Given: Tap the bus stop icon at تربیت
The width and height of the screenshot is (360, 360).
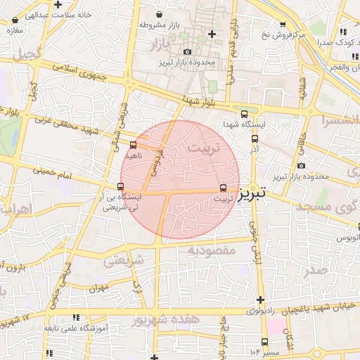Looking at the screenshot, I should point(224,188).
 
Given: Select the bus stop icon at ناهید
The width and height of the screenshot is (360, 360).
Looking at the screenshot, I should point(133,146).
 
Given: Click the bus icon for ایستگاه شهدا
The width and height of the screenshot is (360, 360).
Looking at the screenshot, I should point(244,114).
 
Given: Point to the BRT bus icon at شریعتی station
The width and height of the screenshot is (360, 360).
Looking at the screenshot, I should point(120,187).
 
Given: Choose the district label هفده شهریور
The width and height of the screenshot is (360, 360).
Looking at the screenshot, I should point(163,320).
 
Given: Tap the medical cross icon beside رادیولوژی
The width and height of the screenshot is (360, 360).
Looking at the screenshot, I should point(260,300).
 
